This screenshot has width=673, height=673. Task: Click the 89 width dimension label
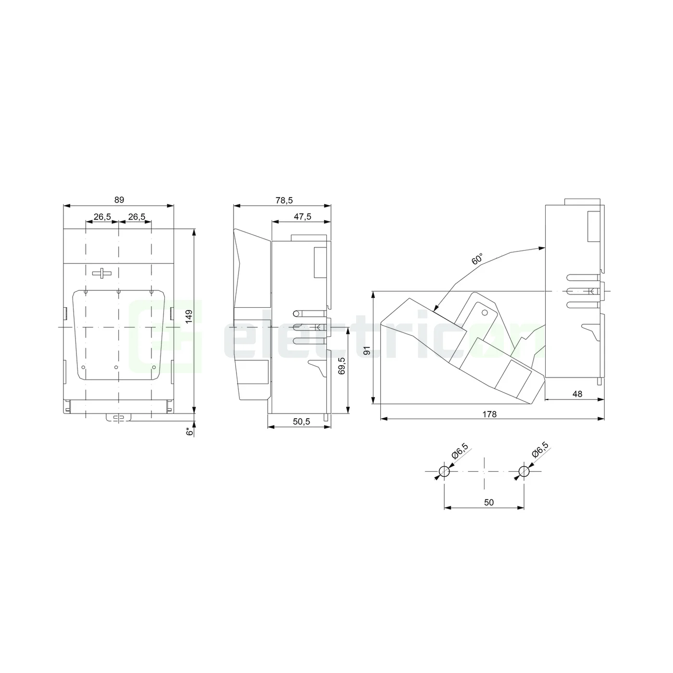tap(119, 199)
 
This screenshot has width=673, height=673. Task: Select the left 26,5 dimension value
tap(102, 217)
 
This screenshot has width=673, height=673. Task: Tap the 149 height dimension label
tap(189, 316)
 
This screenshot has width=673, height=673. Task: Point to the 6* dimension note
tap(190, 431)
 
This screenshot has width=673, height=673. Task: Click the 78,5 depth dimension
tap(284, 200)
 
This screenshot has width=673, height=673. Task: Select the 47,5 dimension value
tap(302, 217)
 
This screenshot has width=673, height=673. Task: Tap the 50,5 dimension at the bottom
tap(301, 422)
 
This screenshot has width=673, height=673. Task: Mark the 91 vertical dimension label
tap(368, 351)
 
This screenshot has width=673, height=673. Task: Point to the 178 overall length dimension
tap(489, 414)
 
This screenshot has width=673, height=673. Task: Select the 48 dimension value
tap(577, 394)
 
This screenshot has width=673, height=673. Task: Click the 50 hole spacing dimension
tap(488, 502)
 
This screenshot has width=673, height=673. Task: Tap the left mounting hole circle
tap(444, 472)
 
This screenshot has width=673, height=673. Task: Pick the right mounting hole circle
tap(524, 472)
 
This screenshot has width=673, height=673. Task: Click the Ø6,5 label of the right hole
tap(540, 450)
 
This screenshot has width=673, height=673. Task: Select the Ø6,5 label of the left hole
tap(460, 450)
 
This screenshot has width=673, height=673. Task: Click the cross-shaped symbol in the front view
tap(101, 273)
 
